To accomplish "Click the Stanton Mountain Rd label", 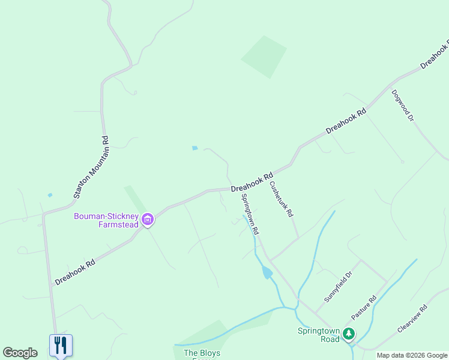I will pos(90,167).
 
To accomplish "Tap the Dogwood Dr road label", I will pos(403,106).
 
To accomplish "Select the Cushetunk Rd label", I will pos(281,199).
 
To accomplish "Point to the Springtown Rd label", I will pos(250,214).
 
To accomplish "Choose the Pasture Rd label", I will pos(364,307).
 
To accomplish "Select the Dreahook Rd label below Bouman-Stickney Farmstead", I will pos(75,272).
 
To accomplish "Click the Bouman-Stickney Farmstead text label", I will pos(106,220).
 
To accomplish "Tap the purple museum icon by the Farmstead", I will pos(148,220).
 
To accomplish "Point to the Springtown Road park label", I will pos(318,335).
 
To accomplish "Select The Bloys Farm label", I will pos(202,354).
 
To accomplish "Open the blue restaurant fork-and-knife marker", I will pos(61,345).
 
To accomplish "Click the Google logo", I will pos(20,353).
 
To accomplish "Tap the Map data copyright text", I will pos(412,355).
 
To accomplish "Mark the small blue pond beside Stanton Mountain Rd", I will pos(50,194).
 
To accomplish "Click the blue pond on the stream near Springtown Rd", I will pos(267,273).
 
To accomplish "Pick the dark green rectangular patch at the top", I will pos(264,56).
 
